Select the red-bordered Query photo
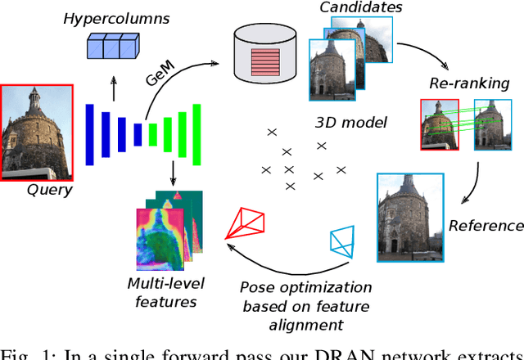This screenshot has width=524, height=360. (36, 132)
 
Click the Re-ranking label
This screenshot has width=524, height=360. (469, 83)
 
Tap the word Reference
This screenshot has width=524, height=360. (485, 225)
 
